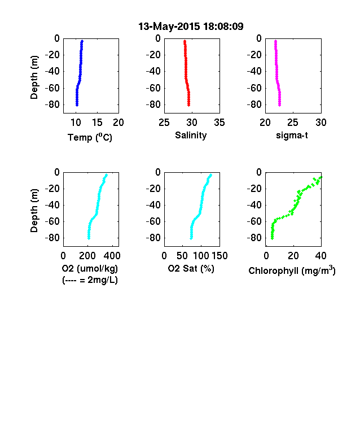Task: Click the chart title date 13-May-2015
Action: pos(169,27)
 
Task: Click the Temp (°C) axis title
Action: pos(90,137)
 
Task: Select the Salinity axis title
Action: pos(191,135)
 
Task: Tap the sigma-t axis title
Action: pos(292,136)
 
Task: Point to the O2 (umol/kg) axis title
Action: pos(90,268)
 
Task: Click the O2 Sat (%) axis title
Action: pos(191,268)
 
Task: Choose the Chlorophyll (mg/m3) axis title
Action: pos(292,271)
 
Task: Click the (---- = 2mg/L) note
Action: pos(90,280)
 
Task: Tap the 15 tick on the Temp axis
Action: pos(97,123)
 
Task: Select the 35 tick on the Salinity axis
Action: pos(219,123)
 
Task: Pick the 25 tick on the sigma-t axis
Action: pos(293,123)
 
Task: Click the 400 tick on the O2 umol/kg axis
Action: pos(112,256)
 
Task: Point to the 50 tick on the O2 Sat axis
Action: pos(182,256)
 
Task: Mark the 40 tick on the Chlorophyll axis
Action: pos(321,256)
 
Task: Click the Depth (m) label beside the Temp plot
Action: pos(34,77)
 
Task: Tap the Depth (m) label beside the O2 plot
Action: pos(34,211)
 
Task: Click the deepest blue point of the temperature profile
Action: pos(77,105)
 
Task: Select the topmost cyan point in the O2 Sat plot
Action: pos(210,175)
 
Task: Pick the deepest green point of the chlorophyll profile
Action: pos(273,238)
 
